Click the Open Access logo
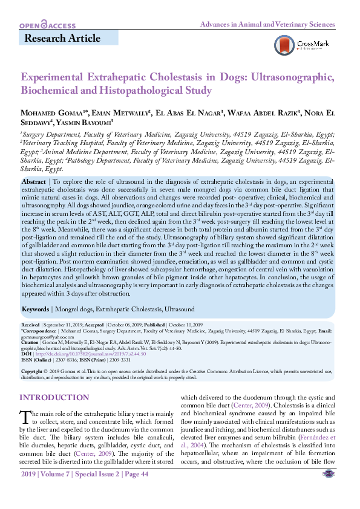click(47, 25)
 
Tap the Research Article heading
click(62, 39)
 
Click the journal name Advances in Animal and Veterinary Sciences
click(267, 25)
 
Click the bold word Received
click(32, 325)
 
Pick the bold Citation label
click(32, 341)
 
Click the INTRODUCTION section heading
click(54, 397)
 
